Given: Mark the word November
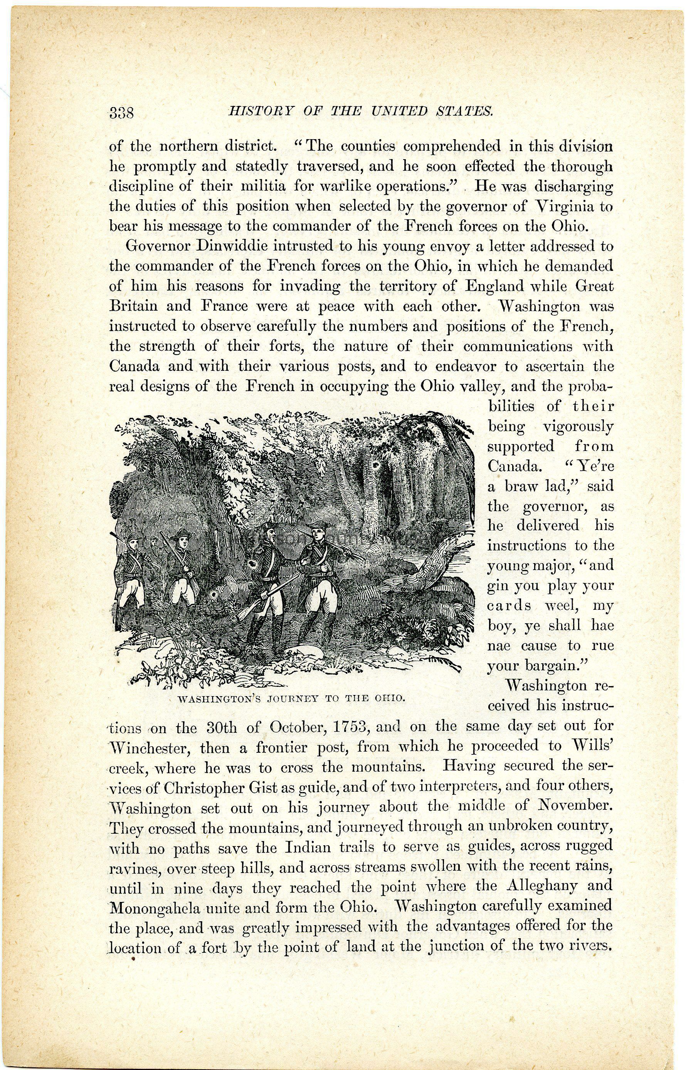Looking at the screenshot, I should coord(573,807).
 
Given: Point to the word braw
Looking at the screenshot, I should coord(521,486).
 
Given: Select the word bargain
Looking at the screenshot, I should coord(555,666).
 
